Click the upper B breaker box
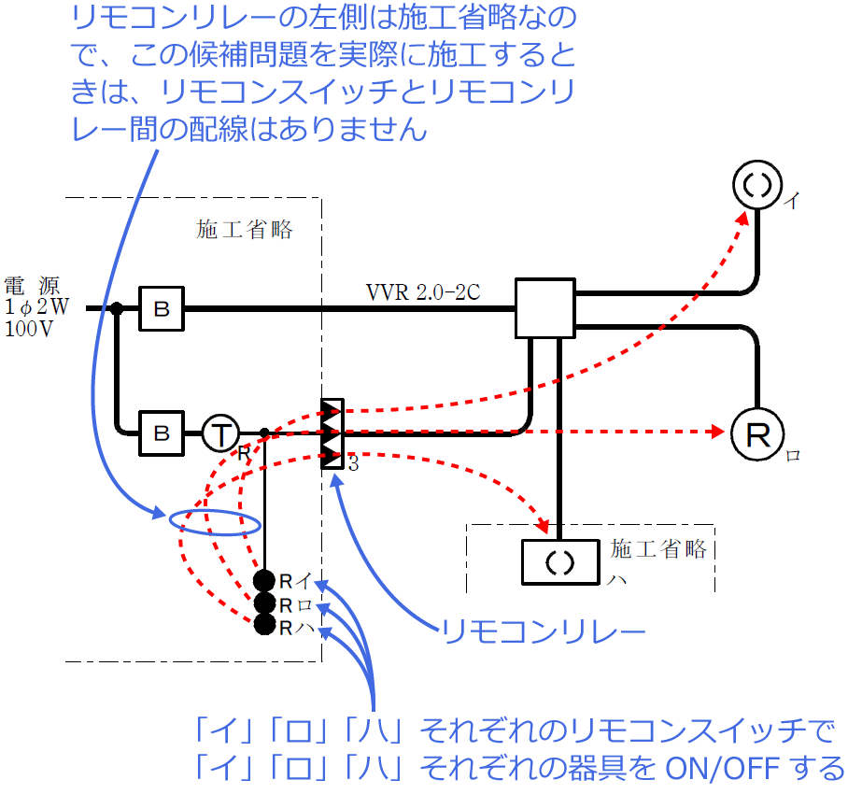click(162, 308)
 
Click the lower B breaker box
click(162, 432)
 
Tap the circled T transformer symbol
click(220, 432)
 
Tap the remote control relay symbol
click(332, 433)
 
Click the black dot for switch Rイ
click(265, 580)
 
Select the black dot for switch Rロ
click(265, 603)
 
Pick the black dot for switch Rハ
click(265, 625)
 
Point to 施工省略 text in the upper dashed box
click(245, 230)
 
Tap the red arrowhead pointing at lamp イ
click(743, 216)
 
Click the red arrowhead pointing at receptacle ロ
click(717, 432)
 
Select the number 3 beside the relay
click(353, 463)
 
